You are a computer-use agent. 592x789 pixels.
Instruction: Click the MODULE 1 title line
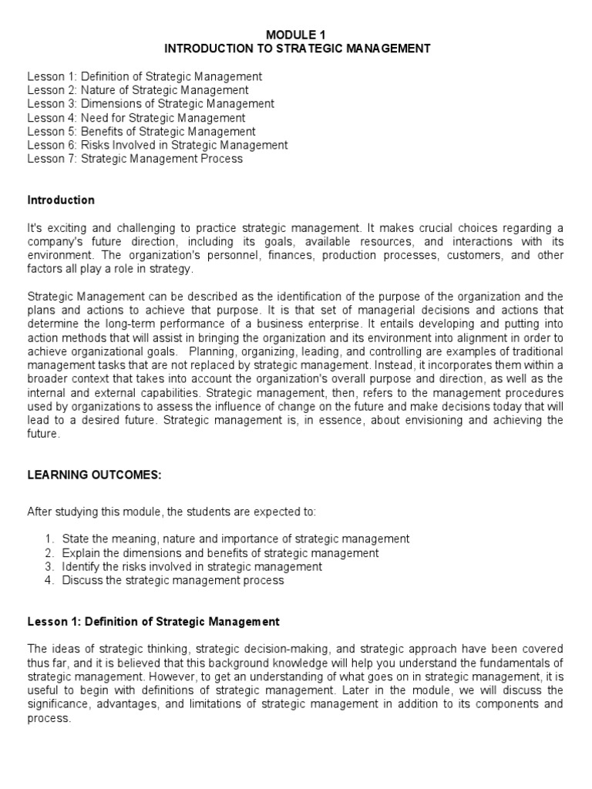[296, 35]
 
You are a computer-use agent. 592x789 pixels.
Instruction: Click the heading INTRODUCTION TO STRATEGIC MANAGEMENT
[296, 49]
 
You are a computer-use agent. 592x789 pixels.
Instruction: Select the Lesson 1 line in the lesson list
[145, 76]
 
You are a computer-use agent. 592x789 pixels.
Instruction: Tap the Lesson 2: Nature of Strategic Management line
[138, 90]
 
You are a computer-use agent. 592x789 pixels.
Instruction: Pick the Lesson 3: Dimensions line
[150, 104]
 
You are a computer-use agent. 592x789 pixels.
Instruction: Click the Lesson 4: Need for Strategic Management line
[136, 118]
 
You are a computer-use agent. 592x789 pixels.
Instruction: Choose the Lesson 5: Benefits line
[141, 132]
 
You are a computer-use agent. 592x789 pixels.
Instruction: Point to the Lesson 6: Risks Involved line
[157, 145]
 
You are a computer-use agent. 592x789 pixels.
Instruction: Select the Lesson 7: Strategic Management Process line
[135, 159]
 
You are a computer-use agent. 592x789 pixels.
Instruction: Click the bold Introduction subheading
[61, 200]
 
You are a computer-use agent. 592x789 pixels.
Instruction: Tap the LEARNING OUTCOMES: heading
[94, 475]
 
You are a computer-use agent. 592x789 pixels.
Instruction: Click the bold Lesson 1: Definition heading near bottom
[153, 621]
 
